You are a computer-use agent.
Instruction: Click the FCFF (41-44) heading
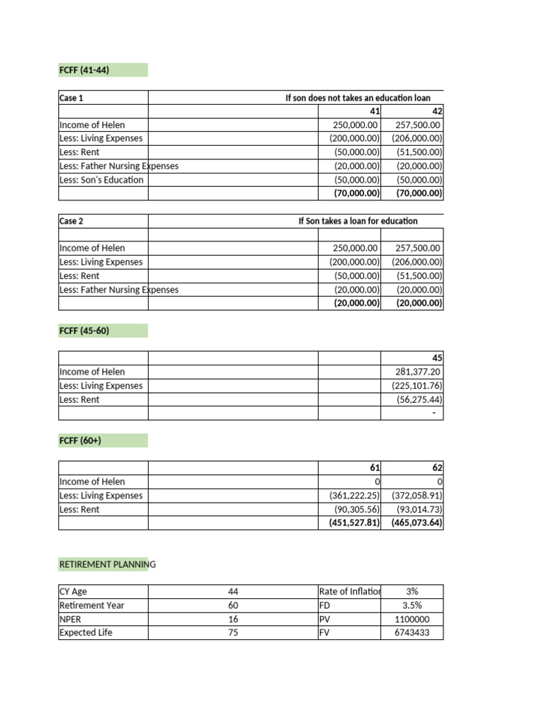coord(84,69)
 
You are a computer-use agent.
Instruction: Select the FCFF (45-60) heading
coord(84,331)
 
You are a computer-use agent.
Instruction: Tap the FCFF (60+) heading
coord(81,440)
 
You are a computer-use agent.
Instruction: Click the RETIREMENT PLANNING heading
coord(107,564)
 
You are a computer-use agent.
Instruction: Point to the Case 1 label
coord(72,97)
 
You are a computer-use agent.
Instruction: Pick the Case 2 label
coord(72,221)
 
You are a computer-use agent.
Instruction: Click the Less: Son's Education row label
coord(101,180)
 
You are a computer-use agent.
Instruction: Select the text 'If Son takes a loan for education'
coord(358,221)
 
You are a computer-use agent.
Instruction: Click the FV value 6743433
coord(412,633)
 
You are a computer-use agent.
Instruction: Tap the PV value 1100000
coord(412,620)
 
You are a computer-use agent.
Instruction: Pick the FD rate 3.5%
coord(412,605)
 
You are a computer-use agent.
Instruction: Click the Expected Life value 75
coord(233,633)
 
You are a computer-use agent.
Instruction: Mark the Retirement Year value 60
coord(233,605)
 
